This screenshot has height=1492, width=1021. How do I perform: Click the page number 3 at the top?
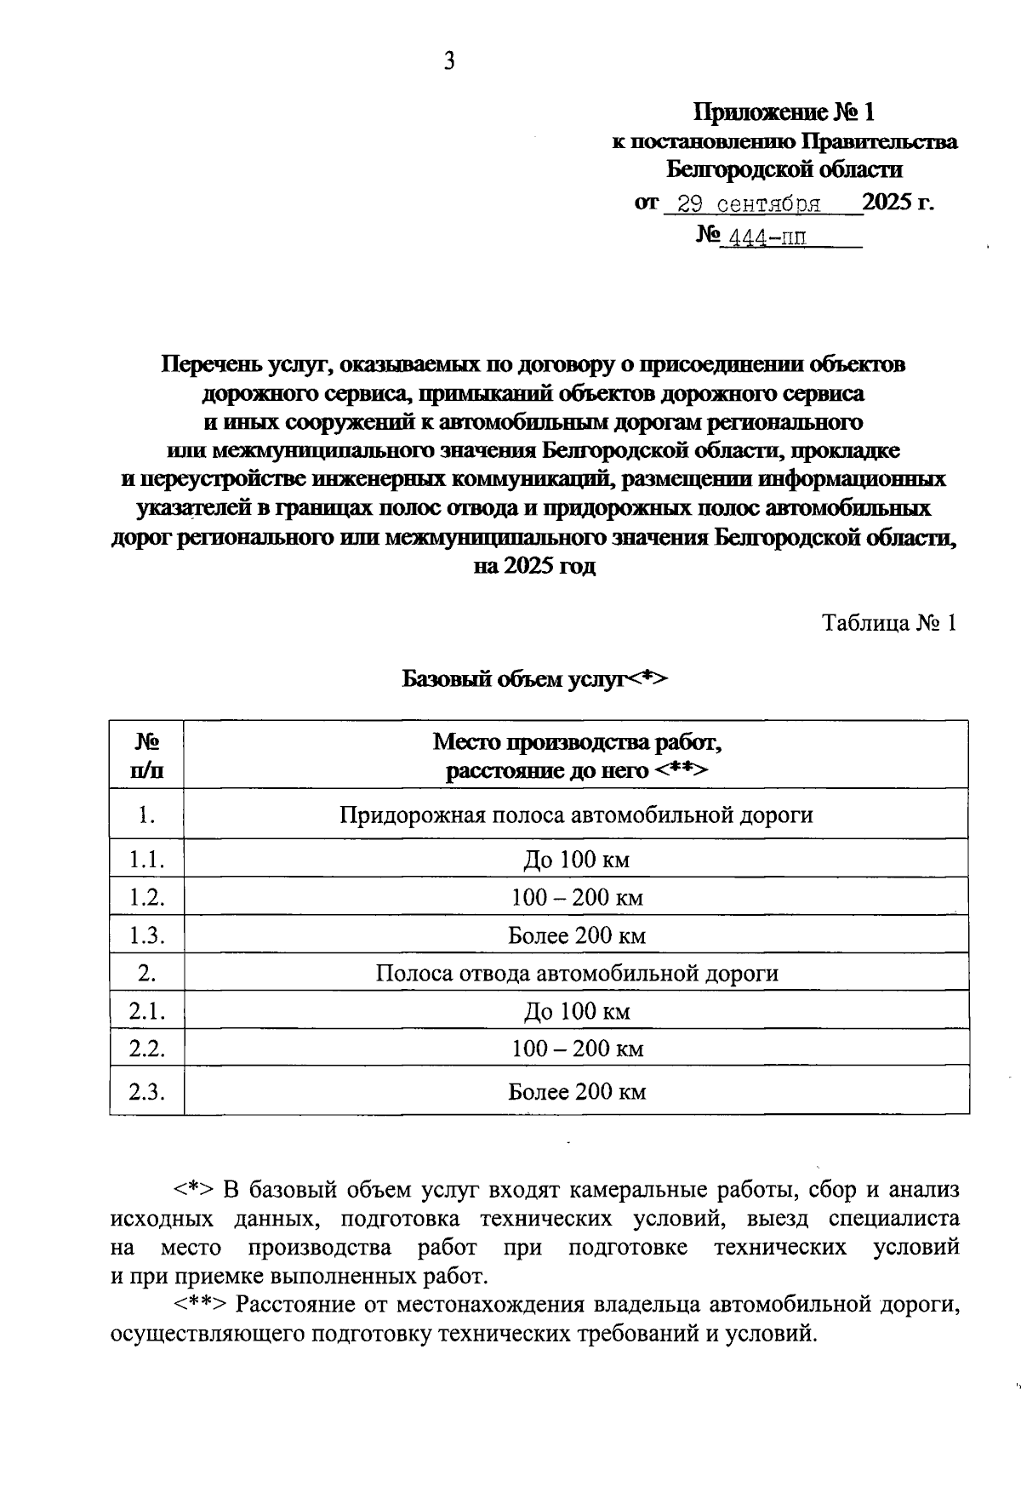pyautogui.click(x=449, y=61)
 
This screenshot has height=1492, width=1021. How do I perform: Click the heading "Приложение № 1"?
pyautogui.click(x=784, y=112)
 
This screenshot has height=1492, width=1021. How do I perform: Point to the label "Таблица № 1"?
pyautogui.click(x=889, y=623)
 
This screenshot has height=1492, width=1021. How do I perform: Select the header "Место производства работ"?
pyautogui.click(x=577, y=742)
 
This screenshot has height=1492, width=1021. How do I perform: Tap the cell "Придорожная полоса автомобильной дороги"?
pyautogui.click(x=576, y=815)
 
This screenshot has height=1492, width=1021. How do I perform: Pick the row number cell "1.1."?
pyautogui.click(x=146, y=860)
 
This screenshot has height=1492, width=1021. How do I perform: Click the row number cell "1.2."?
pyautogui.click(x=146, y=897)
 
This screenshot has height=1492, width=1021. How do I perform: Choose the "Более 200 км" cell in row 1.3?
pyautogui.click(x=577, y=935)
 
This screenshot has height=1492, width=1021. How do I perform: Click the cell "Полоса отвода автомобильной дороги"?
pyautogui.click(x=577, y=973)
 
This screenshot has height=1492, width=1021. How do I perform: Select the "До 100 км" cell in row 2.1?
pyautogui.click(x=577, y=1011)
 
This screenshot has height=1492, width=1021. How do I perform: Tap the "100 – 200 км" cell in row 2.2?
pyautogui.click(x=577, y=1049)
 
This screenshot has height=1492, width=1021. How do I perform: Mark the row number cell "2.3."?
pyautogui.click(x=146, y=1091)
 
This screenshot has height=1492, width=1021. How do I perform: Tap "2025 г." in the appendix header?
pyautogui.click(x=898, y=203)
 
